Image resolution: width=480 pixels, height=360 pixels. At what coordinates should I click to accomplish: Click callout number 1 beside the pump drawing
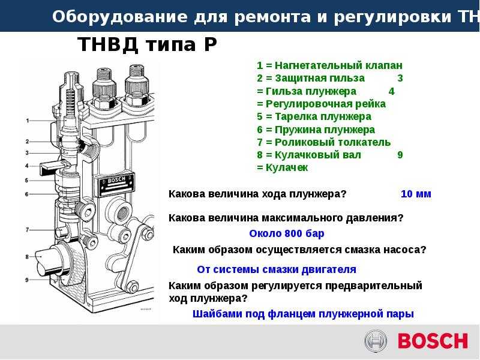(x=28, y=121)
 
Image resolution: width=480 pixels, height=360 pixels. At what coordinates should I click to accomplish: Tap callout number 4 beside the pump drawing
(x=27, y=166)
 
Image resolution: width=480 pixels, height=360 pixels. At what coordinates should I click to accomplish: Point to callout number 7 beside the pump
(x=27, y=230)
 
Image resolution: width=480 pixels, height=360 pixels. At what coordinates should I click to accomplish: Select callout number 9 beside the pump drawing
(x=27, y=280)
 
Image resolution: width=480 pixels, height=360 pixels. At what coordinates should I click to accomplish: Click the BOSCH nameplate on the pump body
(x=116, y=184)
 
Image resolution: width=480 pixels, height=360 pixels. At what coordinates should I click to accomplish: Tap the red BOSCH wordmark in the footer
(x=433, y=341)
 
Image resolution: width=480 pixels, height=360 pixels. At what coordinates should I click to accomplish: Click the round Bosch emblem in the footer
(x=376, y=341)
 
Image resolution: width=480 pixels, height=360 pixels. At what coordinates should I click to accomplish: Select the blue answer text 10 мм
(x=416, y=194)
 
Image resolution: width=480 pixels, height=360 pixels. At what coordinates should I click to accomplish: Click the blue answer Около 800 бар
(x=287, y=233)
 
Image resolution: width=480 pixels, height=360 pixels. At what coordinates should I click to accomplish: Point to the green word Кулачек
(x=287, y=168)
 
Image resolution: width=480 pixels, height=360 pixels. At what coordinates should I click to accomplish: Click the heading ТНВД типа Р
(x=147, y=44)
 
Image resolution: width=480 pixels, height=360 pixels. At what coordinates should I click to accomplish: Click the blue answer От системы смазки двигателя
(x=277, y=269)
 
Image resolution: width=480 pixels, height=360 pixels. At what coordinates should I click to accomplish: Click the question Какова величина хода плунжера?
(x=257, y=194)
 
